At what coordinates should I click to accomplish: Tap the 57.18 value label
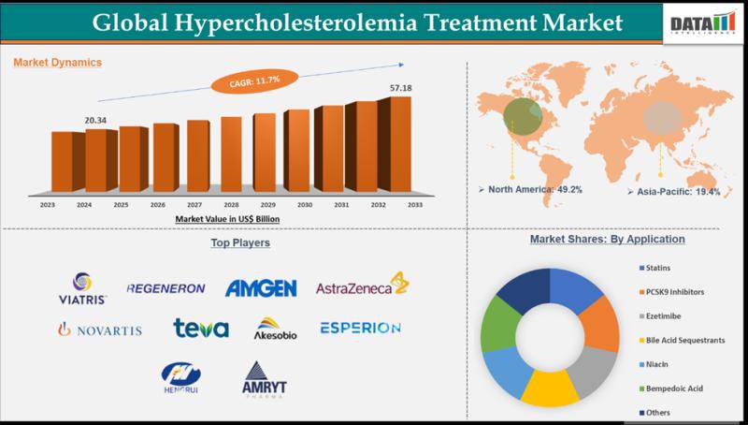pyautogui.click(x=399, y=87)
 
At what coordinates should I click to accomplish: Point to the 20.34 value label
pyautogui.click(x=96, y=120)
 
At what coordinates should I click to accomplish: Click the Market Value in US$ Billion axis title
pyautogui.click(x=228, y=218)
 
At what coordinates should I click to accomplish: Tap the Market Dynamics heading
pyautogui.click(x=57, y=63)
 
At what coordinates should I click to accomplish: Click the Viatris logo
pyautogui.click(x=83, y=287)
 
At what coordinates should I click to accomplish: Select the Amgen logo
pyautogui.click(x=261, y=288)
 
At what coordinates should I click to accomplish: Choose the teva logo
pyautogui.click(x=201, y=328)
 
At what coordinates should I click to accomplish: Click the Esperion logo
pyautogui.click(x=360, y=328)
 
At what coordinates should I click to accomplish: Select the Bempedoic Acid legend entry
pyautogui.click(x=672, y=388)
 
